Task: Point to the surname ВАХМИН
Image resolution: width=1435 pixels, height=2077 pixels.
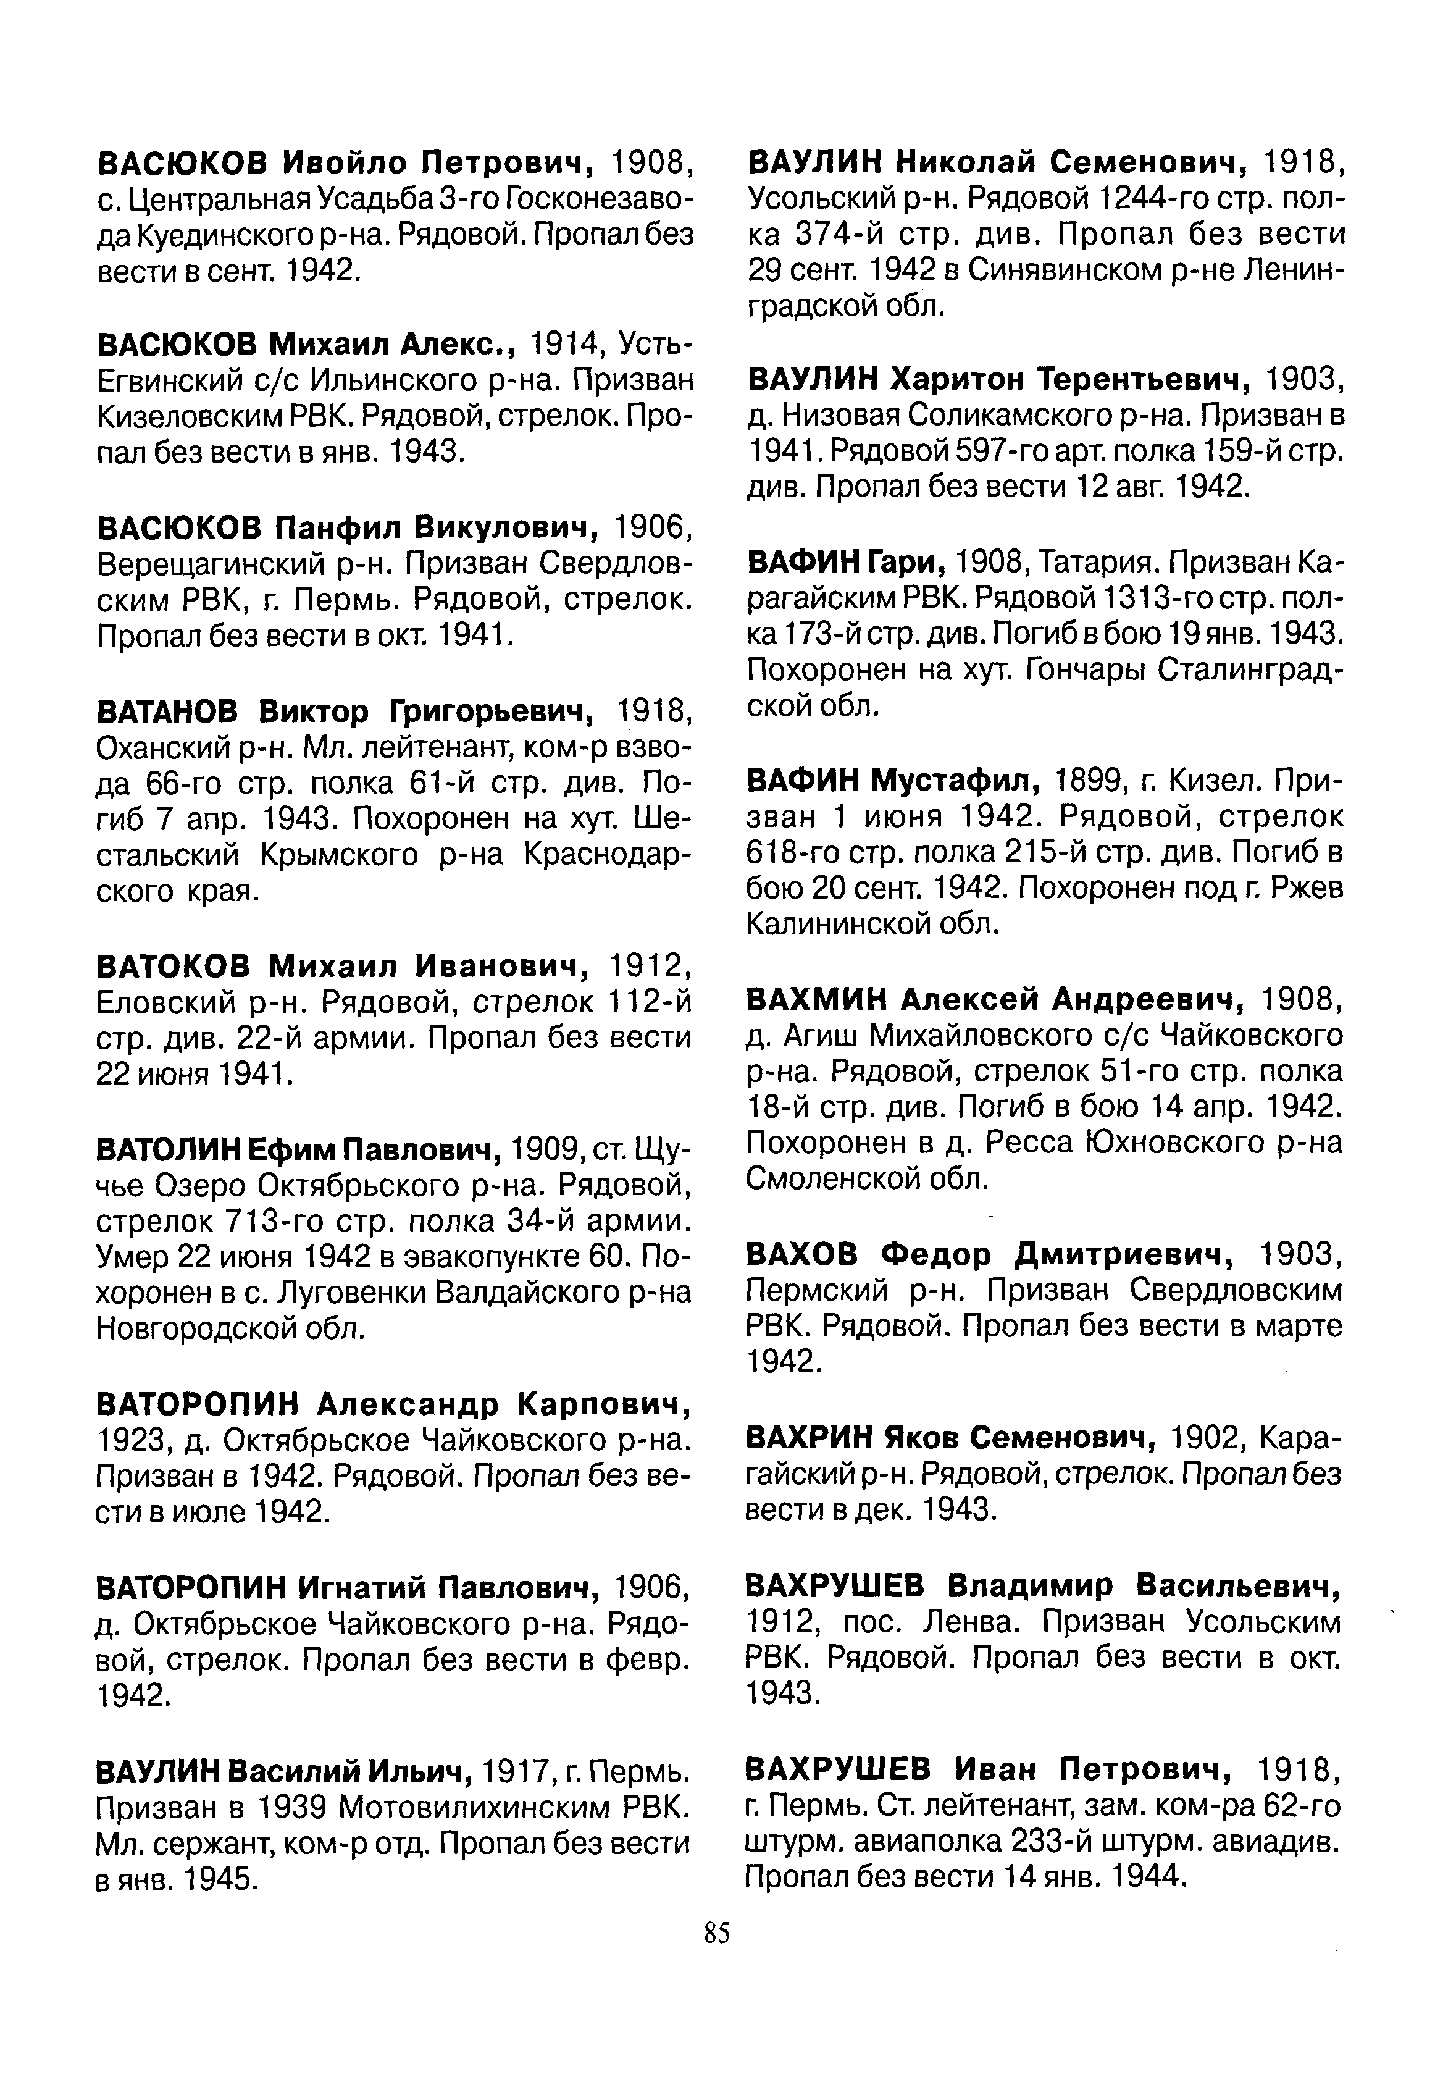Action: tap(816, 998)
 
